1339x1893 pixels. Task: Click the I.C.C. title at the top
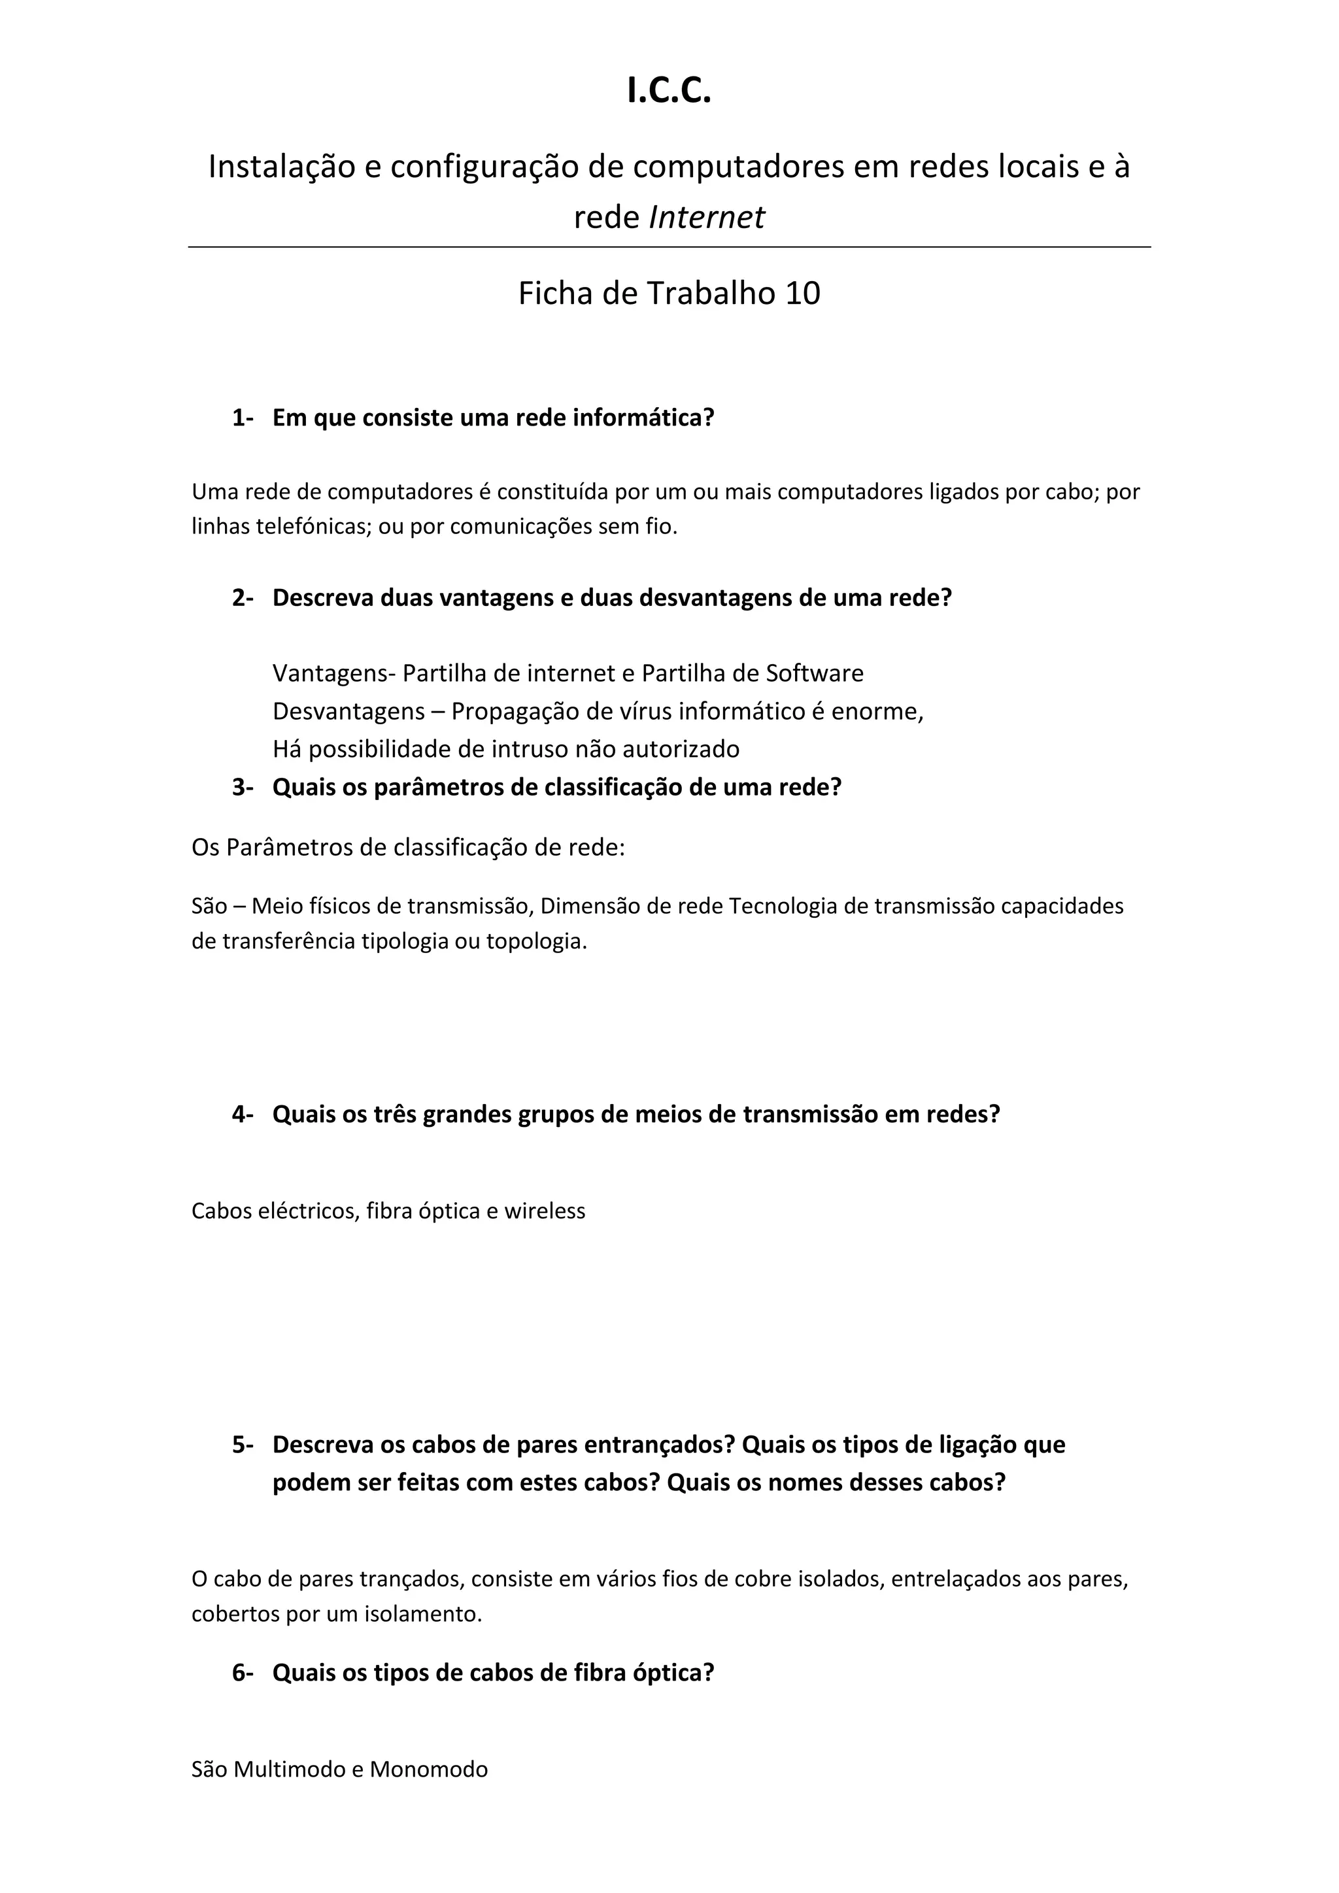point(669,91)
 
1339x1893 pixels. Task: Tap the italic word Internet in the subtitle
point(707,218)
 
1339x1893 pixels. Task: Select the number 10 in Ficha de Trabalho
point(802,293)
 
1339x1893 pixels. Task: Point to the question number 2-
point(243,597)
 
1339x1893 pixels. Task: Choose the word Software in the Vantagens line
point(815,674)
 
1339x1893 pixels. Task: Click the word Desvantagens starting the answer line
point(348,711)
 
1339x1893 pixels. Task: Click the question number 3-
point(243,788)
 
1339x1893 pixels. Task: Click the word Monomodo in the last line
point(429,1769)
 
